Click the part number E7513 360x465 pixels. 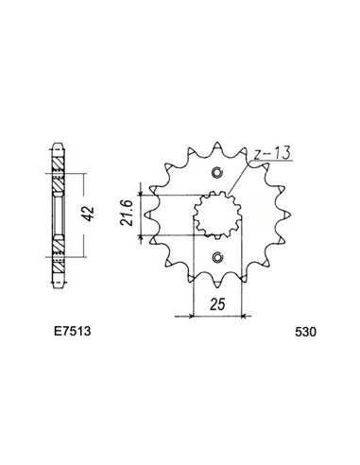click(x=72, y=333)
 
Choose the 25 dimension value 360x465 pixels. click(x=216, y=303)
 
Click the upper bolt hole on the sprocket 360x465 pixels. click(x=218, y=172)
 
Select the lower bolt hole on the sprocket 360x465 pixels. click(x=218, y=257)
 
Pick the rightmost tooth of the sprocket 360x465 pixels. click(x=290, y=215)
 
